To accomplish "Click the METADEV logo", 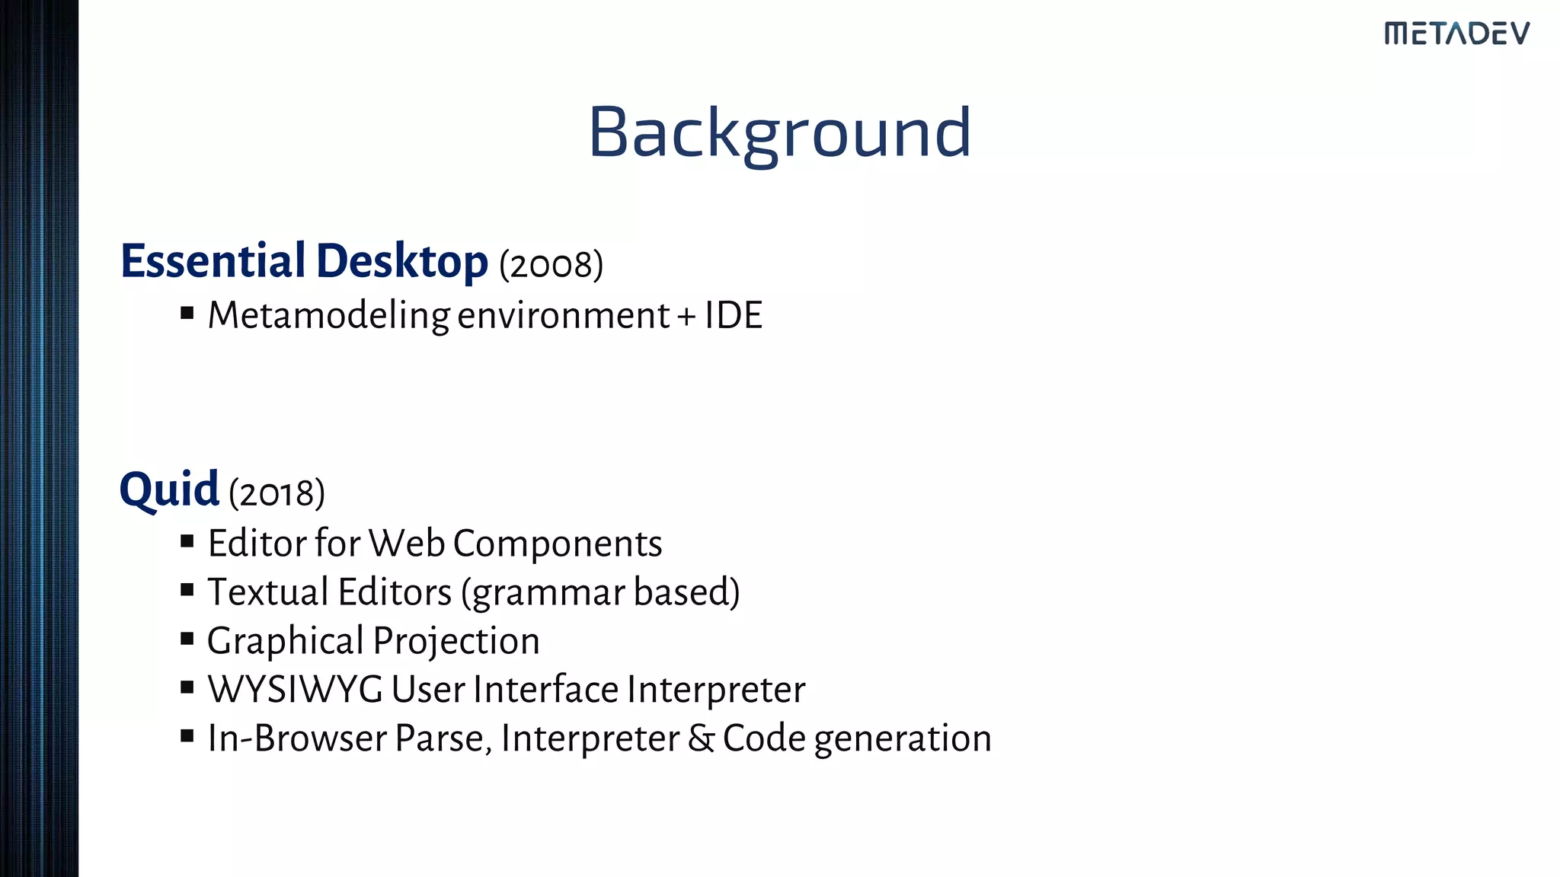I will click(x=1456, y=33).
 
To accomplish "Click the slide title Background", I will click(x=779, y=133).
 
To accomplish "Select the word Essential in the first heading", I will click(x=213, y=261).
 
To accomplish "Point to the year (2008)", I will click(x=551, y=265).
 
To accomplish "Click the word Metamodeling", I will click(x=328, y=316).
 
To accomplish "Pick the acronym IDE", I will click(x=733, y=315).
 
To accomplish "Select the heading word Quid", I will click(x=169, y=490).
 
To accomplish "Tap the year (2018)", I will click(x=277, y=493).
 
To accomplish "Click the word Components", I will click(x=558, y=544).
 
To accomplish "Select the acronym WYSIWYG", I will click(x=295, y=690).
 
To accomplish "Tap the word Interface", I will click(x=545, y=690).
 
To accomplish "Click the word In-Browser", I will click(x=297, y=738).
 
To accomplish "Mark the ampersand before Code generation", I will click(x=701, y=738).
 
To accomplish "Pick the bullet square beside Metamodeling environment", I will click(x=187, y=313).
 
